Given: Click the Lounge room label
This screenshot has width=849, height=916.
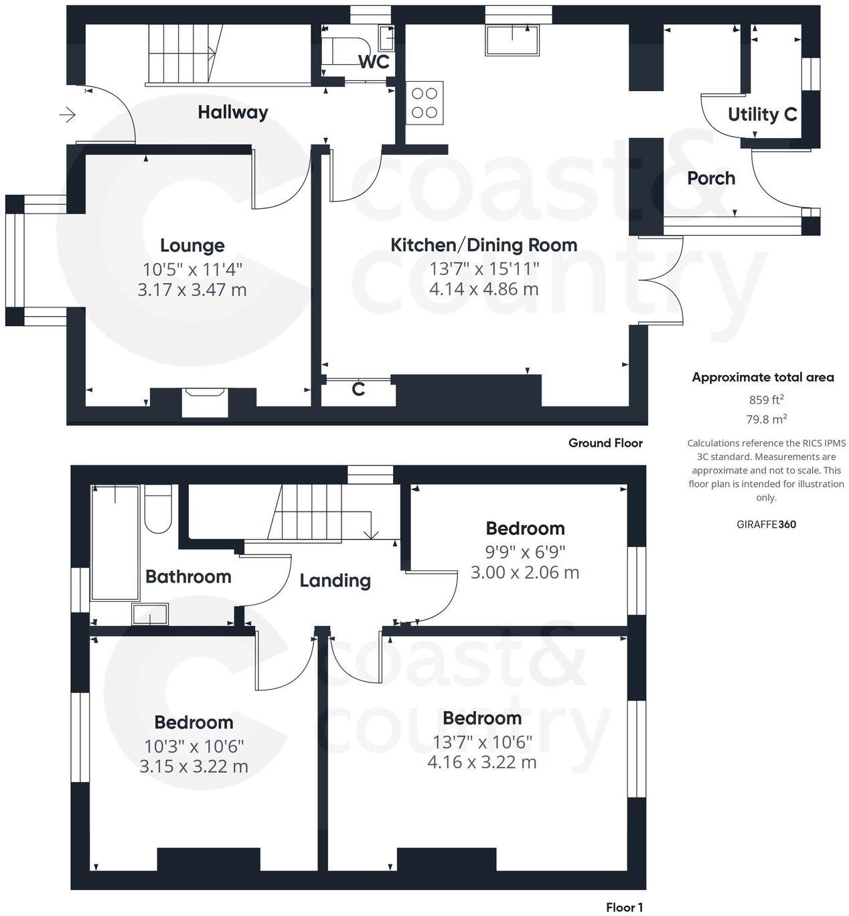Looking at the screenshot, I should (192, 246).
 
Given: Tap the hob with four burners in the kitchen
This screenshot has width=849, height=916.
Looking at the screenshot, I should (424, 103).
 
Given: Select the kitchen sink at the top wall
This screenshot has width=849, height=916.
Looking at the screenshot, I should (512, 40).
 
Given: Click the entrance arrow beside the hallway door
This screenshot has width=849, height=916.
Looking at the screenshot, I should (68, 115).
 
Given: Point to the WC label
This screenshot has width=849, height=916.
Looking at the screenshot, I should (374, 62).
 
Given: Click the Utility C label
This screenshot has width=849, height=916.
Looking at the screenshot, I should (762, 115).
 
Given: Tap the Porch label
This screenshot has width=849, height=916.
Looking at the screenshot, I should (711, 179).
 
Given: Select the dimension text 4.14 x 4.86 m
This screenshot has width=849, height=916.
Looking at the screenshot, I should (483, 289).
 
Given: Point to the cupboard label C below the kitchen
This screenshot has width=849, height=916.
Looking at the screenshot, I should (358, 389).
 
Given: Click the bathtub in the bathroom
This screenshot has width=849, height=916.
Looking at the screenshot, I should (115, 542).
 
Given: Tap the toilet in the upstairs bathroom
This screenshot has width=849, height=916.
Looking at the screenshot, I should (158, 510).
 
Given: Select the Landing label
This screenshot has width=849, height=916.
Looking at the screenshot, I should (335, 581).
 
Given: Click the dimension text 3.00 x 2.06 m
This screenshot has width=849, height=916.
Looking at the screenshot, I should (525, 572).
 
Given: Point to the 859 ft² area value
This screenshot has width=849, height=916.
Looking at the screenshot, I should (766, 400).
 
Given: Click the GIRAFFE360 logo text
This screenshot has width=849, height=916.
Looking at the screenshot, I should (766, 524).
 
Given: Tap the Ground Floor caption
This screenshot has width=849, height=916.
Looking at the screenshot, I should (605, 443).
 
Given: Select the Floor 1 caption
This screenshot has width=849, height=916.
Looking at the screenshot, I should (624, 907).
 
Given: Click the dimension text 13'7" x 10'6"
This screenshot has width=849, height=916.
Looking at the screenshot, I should (482, 741).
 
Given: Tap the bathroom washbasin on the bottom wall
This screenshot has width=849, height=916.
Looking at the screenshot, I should (150, 613).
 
